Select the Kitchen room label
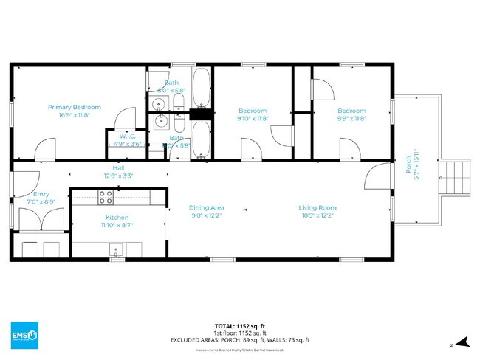117,218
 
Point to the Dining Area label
207,207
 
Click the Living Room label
318,207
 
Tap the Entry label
41,194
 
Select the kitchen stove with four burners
106,197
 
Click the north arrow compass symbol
462,342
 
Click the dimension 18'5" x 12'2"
318,215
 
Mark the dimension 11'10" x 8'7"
117,226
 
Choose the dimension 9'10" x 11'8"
253,117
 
